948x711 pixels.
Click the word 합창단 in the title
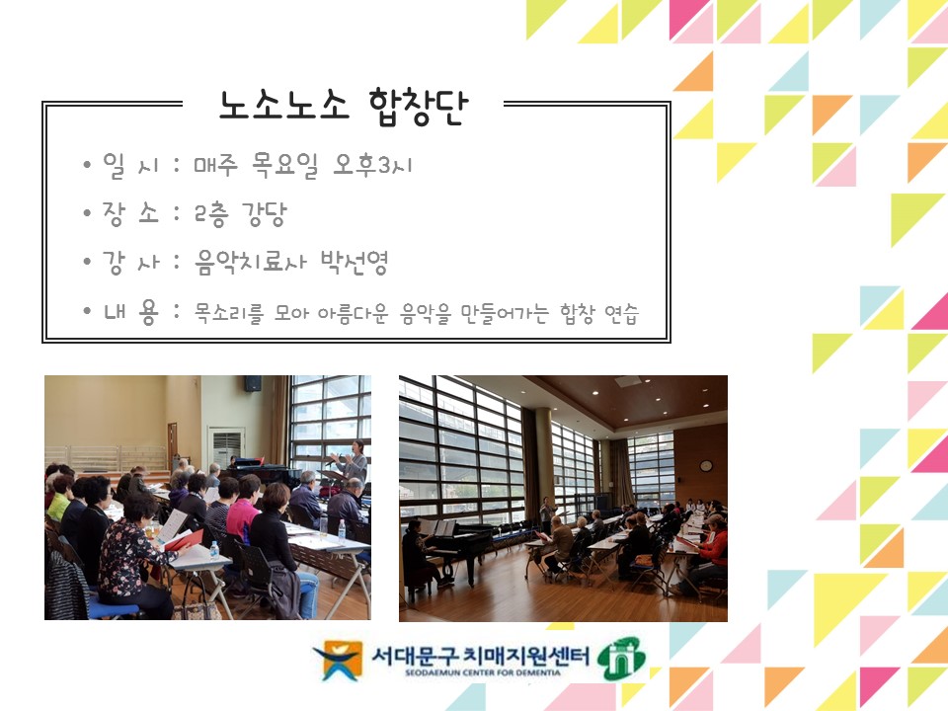418,107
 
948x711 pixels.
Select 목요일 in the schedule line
285,166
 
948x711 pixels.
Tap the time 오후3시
372,165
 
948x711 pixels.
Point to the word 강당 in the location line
265,214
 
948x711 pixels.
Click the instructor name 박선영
355,262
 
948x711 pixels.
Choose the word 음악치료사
250,263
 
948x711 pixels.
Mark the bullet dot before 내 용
88,311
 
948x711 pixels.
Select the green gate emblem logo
621,658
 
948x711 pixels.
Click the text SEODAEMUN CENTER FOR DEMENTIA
483,672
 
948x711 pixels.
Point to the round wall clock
705,465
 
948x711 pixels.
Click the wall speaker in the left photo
253,383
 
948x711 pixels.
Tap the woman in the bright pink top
244,510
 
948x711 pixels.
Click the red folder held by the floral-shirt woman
184,540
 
